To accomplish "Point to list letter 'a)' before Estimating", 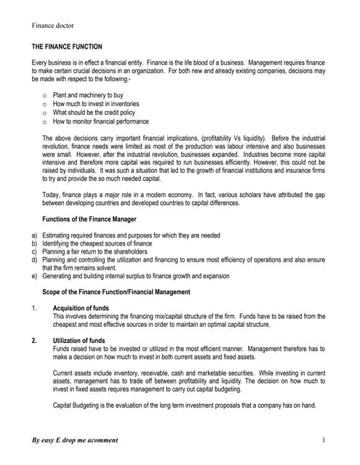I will (35, 235).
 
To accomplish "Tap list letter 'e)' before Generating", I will (35, 276).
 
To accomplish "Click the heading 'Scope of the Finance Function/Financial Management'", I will (116, 291).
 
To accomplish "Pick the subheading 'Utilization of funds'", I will (81, 340).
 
